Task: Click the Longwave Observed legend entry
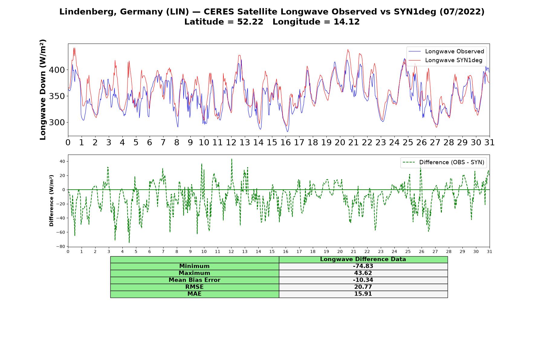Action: click(x=446, y=51)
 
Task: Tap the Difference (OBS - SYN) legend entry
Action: click(x=443, y=162)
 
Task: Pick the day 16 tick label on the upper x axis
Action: click(x=286, y=142)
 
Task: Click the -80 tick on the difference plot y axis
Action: click(x=61, y=247)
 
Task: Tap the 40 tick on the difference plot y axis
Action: click(x=62, y=162)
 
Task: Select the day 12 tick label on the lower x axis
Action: click(x=231, y=251)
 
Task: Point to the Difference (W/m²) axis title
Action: click(x=51, y=201)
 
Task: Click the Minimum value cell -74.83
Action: click(x=363, y=266)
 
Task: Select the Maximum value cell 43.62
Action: click(x=363, y=273)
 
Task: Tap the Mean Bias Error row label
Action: click(x=194, y=280)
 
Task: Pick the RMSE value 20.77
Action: click(x=363, y=287)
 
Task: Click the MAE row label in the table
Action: click(x=194, y=294)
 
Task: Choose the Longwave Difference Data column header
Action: click(x=363, y=259)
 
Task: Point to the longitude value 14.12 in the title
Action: click(x=347, y=22)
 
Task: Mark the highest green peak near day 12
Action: click(x=232, y=159)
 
